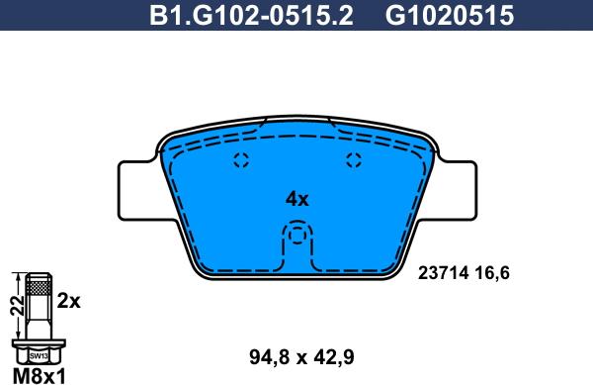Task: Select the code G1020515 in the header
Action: [x=434, y=15]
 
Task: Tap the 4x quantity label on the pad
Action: [x=296, y=199]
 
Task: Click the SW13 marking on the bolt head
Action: [x=38, y=353]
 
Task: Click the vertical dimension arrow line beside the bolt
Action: [x=21, y=307]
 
